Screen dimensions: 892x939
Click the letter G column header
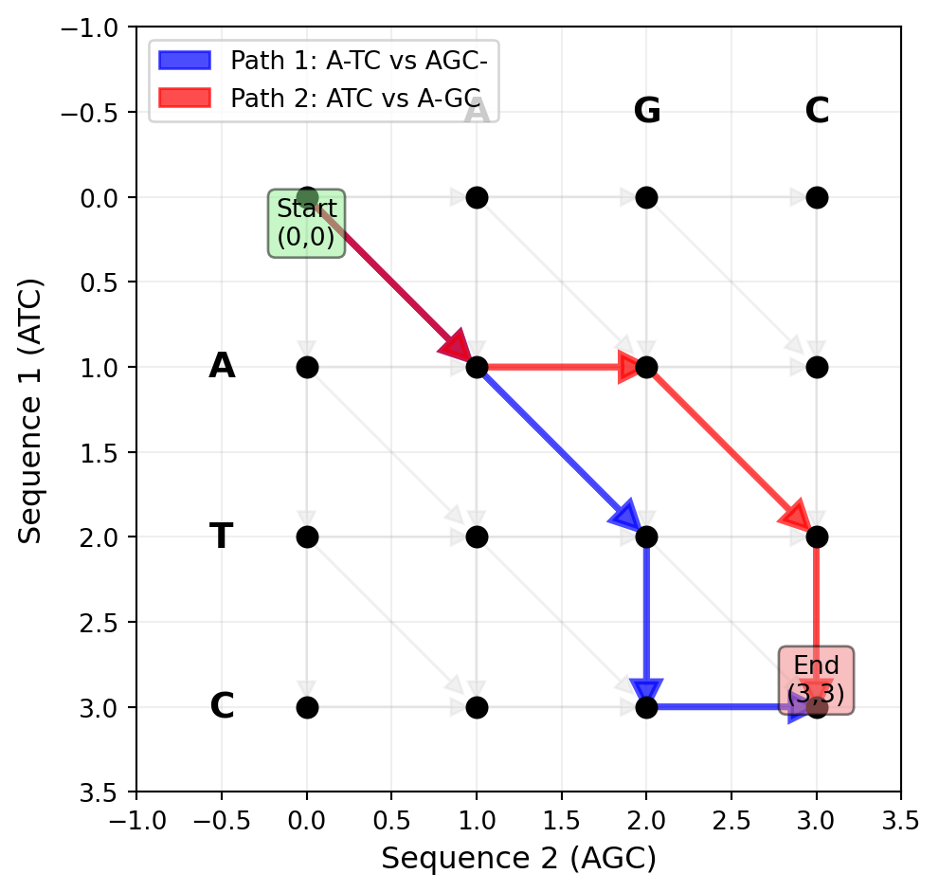click(x=646, y=112)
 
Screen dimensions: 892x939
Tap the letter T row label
click(x=221, y=537)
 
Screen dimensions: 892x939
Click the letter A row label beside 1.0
click(x=221, y=366)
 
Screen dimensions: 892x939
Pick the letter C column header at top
click(x=816, y=112)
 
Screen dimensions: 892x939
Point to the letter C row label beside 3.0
click(x=221, y=707)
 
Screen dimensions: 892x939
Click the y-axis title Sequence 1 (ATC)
click(x=31, y=410)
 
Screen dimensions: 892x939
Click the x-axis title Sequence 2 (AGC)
click(x=518, y=859)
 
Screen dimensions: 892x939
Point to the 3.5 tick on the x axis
click(x=900, y=820)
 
